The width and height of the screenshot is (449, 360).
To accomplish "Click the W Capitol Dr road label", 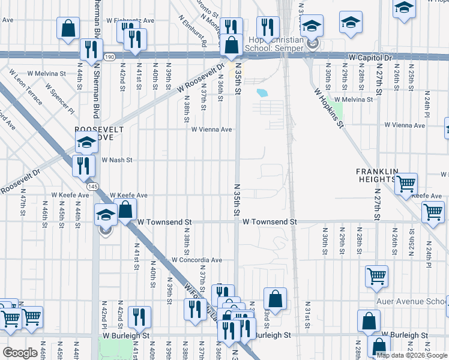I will click(x=370, y=58).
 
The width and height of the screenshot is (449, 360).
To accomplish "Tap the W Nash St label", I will click(x=116, y=160).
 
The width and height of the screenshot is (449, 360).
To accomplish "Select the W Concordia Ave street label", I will click(x=197, y=260).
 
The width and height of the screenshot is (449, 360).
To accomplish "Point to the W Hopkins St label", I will click(x=329, y=109).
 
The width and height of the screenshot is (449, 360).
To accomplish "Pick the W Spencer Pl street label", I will click(x=62, y=101).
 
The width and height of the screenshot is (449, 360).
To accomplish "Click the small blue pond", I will click(x=262, y=93).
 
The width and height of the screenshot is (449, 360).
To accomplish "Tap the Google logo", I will click(x=20, y=353).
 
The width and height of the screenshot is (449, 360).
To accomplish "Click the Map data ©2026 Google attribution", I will click(x=412, y=355).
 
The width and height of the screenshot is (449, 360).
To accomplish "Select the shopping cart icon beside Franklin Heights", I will click(x=406, y=184).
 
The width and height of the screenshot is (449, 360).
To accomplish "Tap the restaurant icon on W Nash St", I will click(x=83, y=166).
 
